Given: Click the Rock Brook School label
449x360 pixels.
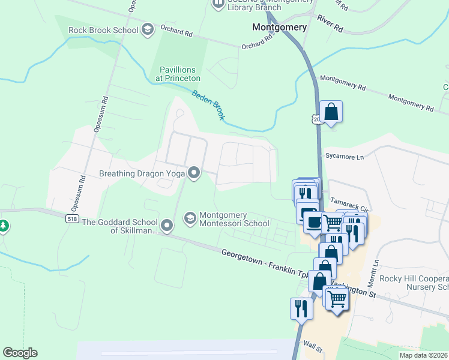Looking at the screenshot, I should coord(103,29).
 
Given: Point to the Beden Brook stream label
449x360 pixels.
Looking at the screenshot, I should coord(208,104).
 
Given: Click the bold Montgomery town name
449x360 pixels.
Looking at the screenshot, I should coord(279,27).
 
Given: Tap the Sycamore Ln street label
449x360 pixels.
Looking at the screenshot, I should coord(345,157).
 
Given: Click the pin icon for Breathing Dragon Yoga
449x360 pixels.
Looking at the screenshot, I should coord(194,173).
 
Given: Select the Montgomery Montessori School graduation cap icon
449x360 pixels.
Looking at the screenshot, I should coord(190,217).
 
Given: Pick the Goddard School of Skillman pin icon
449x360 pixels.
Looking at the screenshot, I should coord(167,226).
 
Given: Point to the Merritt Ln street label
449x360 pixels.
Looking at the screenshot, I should coord(376,270).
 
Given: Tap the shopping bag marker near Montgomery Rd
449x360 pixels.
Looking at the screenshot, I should coord(331,112).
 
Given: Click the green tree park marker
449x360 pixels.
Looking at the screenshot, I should coord(4,226).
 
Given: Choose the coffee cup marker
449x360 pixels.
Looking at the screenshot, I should coord(312,223).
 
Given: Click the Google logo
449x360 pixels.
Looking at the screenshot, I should coord(20,353).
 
